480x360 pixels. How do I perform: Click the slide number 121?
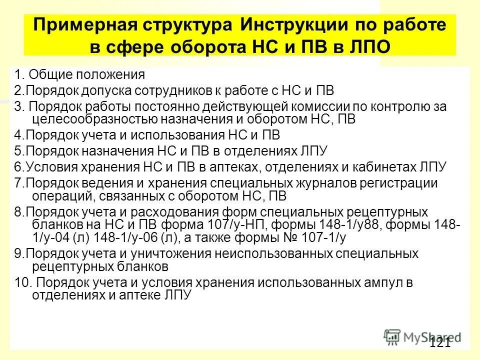(x=439, y=342)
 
